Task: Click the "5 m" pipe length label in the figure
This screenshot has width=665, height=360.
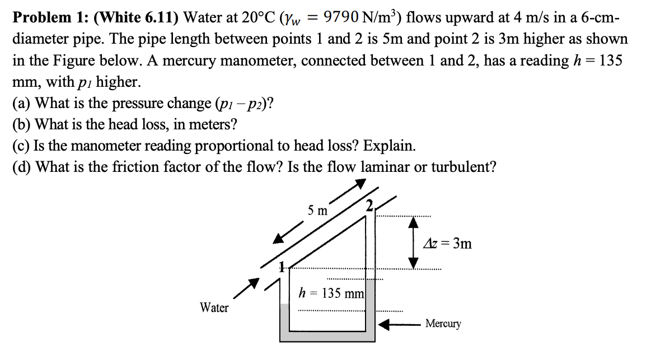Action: tap(318, 211)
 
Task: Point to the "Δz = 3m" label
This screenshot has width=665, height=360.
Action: tap(448, 244)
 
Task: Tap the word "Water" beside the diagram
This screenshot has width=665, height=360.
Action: tap(214, 308)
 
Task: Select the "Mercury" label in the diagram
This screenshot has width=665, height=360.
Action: tap(443, 324)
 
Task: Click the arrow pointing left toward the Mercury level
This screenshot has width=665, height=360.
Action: tap(398, 324)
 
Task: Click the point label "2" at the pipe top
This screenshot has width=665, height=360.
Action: tap(369, 205)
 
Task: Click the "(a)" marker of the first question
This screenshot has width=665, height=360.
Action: tap(22, 104)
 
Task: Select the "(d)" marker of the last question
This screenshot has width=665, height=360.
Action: tap(23, 167)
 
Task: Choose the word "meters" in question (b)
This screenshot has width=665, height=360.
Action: tap(210, 125)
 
